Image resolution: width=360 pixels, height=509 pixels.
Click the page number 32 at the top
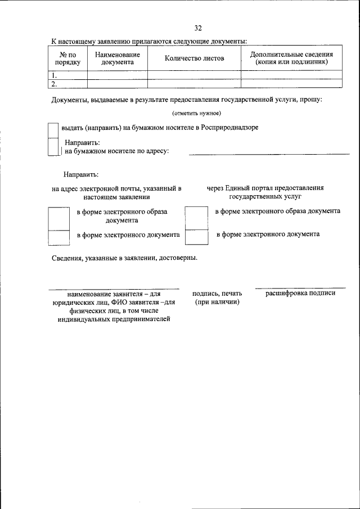point(198,28)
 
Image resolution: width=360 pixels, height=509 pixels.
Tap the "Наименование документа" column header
point(118,58)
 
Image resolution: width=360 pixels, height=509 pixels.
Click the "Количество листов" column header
point(194,58)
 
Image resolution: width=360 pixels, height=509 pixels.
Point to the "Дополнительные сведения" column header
point(291,58)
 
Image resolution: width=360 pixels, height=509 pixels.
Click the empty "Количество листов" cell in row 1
point(194,75)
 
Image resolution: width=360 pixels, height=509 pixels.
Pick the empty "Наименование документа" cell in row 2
point(118,83)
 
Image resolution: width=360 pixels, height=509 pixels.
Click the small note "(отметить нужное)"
point(197,114)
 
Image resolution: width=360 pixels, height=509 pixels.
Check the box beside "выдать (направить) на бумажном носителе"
point(53,130)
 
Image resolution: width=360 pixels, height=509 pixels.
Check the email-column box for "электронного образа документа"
point(59,218)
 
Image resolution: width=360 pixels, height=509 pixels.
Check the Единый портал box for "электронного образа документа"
point(197,218)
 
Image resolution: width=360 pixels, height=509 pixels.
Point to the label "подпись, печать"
point(217,294)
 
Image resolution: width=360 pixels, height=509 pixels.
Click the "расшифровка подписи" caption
point(300,293)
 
